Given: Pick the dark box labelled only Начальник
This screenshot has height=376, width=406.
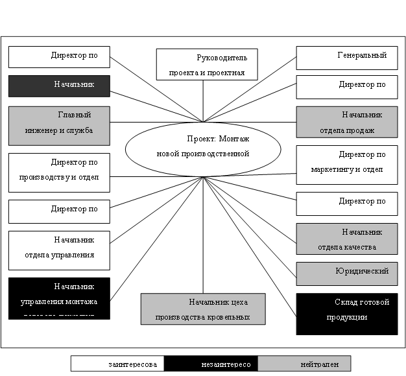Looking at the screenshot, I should pos(59,85).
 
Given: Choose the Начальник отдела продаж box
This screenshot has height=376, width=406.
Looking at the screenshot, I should pos(346,123).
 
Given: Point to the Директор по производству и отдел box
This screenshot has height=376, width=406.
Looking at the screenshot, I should pos(59,172).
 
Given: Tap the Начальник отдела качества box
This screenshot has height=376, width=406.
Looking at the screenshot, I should pos(346,239).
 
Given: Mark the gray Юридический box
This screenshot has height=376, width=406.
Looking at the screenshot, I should pos(346,273).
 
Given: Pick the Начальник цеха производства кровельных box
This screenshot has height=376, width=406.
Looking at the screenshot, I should pos(203,309).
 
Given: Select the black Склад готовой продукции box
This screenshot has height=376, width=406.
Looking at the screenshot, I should pos(346,314).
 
